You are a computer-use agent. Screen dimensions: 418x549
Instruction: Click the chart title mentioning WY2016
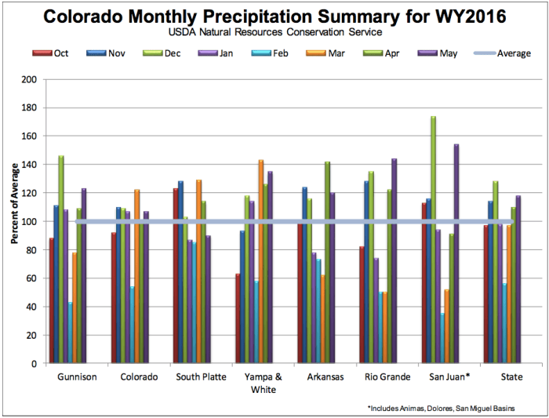coord(274,16)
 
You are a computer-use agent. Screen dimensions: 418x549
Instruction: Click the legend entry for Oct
coord(53,53)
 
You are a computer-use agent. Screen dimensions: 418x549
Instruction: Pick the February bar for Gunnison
coord(70,333)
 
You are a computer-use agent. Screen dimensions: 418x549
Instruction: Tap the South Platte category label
coord(201,377)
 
